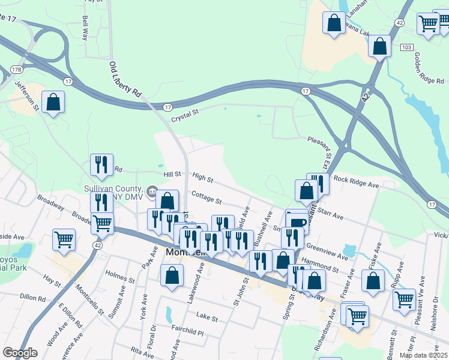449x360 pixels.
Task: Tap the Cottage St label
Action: pos(207,197)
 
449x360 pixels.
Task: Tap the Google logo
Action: pos(20,353)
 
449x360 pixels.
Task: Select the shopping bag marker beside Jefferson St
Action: pos(53,102)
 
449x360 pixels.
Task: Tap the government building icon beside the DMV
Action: pos(152,192)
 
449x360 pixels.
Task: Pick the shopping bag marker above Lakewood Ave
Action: pos(172,277)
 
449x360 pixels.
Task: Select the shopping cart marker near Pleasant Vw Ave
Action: pos(404,298)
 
